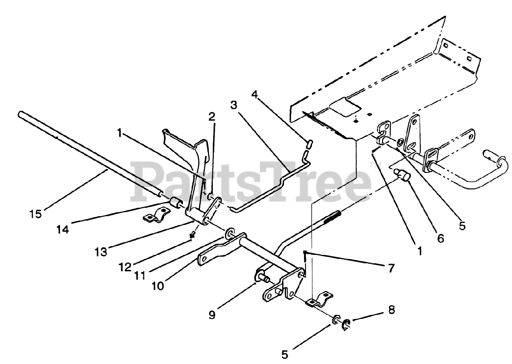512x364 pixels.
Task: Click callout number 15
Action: tap(35, 214)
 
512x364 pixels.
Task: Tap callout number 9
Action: tap(212, 314)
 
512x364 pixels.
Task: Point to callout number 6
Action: tap(440, 238)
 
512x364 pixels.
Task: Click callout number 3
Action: tap(234, 105)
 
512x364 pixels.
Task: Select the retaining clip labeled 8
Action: tap(346, 324)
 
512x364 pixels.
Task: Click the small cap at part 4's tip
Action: tap(309, 143)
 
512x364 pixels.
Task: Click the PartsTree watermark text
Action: tap(252, 182)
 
